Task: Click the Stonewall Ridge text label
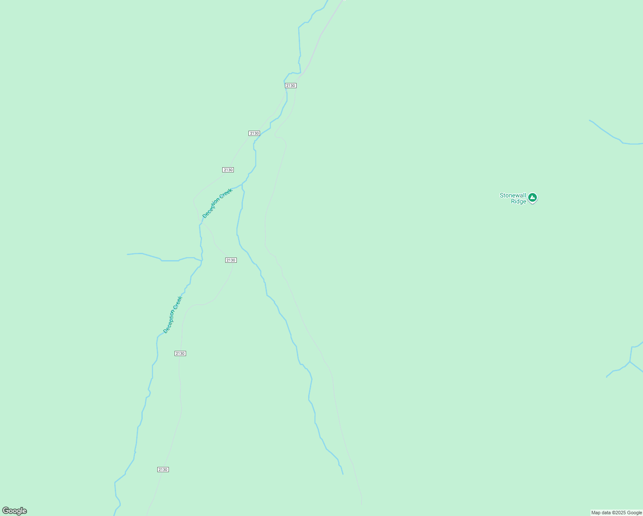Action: pyautogui.click(x=513, y=198)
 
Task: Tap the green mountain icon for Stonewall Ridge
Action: pyautogui.click(x=533, y=198)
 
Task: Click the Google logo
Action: pyautogui.click(x=15, y=511)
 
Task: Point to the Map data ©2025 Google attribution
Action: pyautogui.click(x=616, y=513)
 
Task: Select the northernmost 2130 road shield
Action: pyautogui.click(x=291, y=86)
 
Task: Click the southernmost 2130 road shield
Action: pyautogui.click(x=163, y=470)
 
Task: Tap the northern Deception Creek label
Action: pyautogui.click(x=217, y=203)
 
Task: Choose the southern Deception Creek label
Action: pyautogui.click(x=173, y=314)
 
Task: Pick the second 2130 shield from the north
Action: pyautogui.click(x=254, y=133)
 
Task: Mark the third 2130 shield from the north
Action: pyautogui.click(x=228, y=170)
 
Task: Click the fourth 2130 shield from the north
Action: pyautogui.click(x=231, y=260)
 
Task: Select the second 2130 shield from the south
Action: pyautogui.click(x=180, y=353)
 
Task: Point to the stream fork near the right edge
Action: pyautogui.click(x=630, y=362)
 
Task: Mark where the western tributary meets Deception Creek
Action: pyautogui.click(x=202, y=261)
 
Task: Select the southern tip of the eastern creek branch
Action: pyautogui.click(x=343, y=473)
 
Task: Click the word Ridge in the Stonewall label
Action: pyautogui.click(x=518, y=201)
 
